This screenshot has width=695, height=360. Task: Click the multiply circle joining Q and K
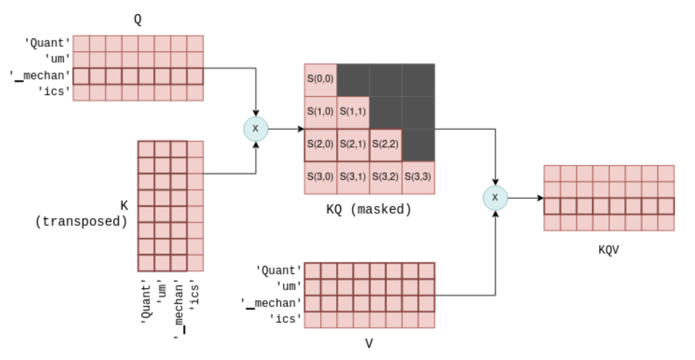pos(256,129)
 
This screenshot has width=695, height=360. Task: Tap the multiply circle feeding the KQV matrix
pos(495,198)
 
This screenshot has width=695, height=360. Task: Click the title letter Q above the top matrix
pos(138,20)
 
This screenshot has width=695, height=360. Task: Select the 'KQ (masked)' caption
pos(368,210)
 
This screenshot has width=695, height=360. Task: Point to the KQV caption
pos(609,250)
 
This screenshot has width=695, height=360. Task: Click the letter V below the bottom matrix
pos(369,344)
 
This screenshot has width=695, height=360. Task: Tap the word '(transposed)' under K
pos(81,222)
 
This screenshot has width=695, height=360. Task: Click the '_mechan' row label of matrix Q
pos(41,76)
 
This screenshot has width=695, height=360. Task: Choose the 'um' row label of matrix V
pos(289,286)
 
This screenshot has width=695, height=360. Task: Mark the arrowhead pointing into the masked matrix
pos(301,129)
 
